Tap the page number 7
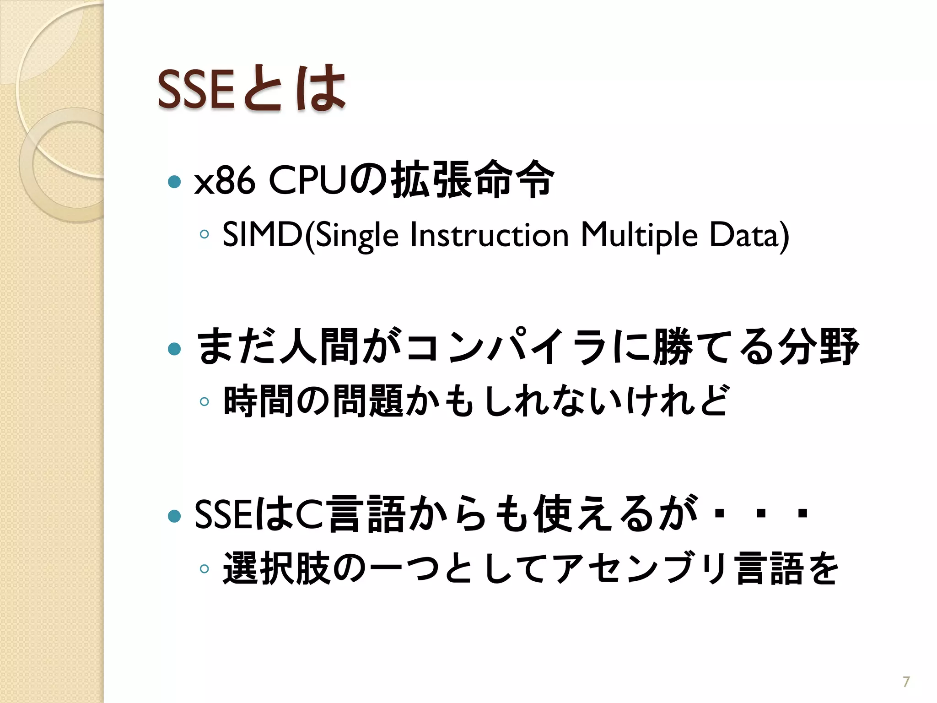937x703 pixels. [x=906, y=682]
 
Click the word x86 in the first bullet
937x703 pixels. [x=224, y=181]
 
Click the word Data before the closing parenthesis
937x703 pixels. [x=744, y=235]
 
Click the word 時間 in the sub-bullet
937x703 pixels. [x=258, y=401]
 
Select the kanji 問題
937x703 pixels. [x=368, y=401]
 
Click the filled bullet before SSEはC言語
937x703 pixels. [x=174, y=516]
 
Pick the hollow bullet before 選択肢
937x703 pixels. [x=205, y=569]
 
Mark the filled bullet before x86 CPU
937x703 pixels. [x=174, y=182]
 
